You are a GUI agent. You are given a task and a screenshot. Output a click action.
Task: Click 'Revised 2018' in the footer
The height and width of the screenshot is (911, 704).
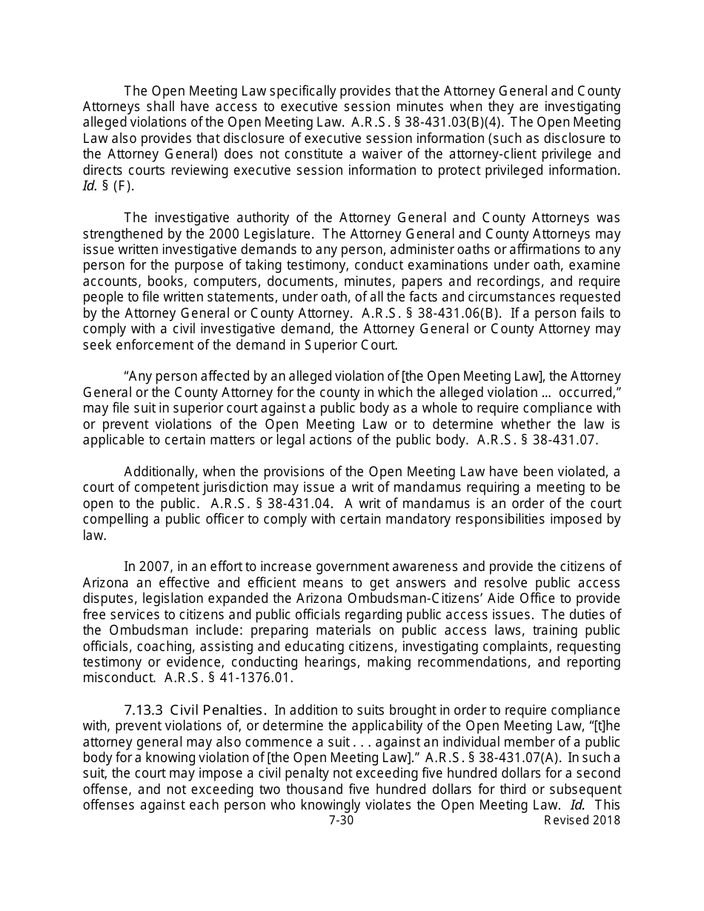(582, 821)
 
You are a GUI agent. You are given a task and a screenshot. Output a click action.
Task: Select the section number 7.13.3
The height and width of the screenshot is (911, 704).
(145, 710)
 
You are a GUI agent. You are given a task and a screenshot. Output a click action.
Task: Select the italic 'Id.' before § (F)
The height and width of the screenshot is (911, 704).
(90, 187)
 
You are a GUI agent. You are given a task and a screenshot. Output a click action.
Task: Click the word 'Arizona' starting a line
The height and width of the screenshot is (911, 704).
(105, 583)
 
